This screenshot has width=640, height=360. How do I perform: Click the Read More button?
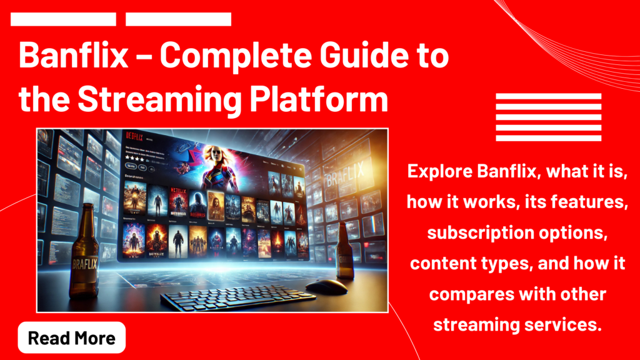point(72,338)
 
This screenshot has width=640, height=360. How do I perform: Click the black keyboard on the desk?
point(229,299)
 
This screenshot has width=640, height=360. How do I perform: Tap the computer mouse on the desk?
point(326,286)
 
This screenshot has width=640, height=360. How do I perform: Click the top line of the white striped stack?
point(548,97)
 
